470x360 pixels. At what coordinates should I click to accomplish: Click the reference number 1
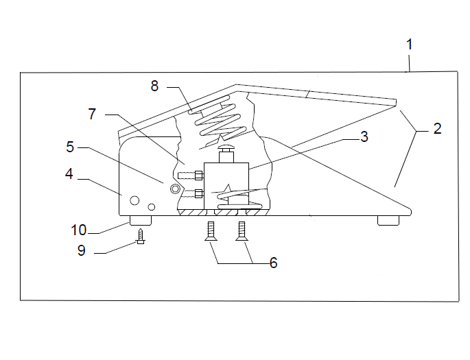click(410, 45)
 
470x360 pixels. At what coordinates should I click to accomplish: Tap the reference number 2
click(438, 128)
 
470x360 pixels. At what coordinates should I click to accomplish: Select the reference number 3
click(364, 136)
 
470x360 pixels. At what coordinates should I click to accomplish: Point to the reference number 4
click(69, 173)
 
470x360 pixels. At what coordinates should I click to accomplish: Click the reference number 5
click(70, 147)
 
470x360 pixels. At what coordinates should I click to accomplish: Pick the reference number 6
click(273, 263)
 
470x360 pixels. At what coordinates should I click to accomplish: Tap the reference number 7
click(92, 114)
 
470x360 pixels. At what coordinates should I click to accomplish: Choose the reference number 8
click(154, 86)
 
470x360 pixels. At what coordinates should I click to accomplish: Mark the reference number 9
click(82, 250)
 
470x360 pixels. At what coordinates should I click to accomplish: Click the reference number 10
click(78, 230)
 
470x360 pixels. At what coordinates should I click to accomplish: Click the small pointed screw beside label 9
click(140, 236)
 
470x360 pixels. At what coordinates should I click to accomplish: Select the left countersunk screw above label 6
click(211, 231)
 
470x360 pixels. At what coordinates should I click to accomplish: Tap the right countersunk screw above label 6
click(242, 231)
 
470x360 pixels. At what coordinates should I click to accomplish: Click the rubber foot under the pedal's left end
click(140, 220)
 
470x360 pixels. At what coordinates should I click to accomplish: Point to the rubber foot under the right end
click(388, 220)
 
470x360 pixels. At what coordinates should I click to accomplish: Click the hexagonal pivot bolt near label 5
click(175, 189)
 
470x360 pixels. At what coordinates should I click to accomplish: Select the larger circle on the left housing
click(134, 200)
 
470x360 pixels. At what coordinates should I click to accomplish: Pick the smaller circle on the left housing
click(152, 206)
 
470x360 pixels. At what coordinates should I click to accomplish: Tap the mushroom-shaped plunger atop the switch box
click(226, 154)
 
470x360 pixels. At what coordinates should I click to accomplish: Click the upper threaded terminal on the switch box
click(191, 176)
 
